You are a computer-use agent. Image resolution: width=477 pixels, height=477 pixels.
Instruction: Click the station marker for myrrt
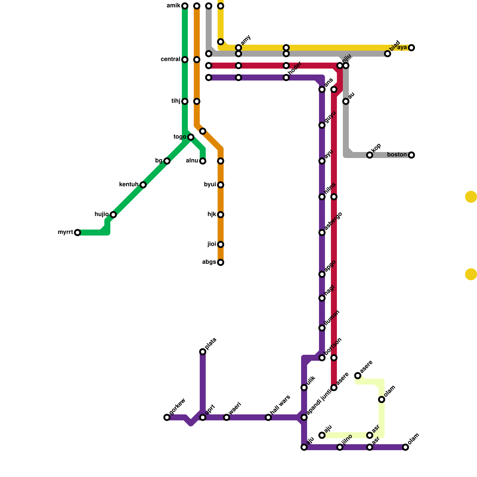click(x=78, y=233)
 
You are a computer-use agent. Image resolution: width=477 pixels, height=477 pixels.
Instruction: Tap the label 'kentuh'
click(x=128, y=185)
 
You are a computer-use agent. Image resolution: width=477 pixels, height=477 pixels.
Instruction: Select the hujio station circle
click(x=113, y=215)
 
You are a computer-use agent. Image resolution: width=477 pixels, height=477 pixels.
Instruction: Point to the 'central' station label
click(x=170, y=59)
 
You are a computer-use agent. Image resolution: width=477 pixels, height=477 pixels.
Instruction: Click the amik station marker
click(x=185, y=6)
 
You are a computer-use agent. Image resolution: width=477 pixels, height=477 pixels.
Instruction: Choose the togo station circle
click(x=191, y=137)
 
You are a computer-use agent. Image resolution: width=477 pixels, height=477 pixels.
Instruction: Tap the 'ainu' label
click(x=192, y=161)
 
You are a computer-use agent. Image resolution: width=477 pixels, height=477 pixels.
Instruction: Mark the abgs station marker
click(x=221, y=262)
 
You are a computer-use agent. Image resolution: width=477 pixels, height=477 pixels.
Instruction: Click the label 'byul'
click(x=210, y=185)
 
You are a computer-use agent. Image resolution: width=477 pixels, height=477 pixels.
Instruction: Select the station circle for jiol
click(x=221, y=244)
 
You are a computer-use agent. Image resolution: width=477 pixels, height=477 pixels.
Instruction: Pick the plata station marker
click(x=203, y=352)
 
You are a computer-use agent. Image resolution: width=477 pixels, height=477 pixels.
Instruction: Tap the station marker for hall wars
click(x=268, y=417)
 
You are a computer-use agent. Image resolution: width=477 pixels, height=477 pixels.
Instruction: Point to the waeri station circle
click(x=227, y=417)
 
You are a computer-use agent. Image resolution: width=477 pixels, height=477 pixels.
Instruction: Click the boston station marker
click(x=411, y=155)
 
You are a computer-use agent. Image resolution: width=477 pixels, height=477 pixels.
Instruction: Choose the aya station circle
click(x=411, y=48)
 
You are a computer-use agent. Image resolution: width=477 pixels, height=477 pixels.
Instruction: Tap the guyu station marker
click(x=322, y=125)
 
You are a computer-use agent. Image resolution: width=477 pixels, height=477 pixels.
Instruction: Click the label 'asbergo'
click(x=333, y=221)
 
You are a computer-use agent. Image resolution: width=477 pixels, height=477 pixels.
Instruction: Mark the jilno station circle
click(x=340, y=447)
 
